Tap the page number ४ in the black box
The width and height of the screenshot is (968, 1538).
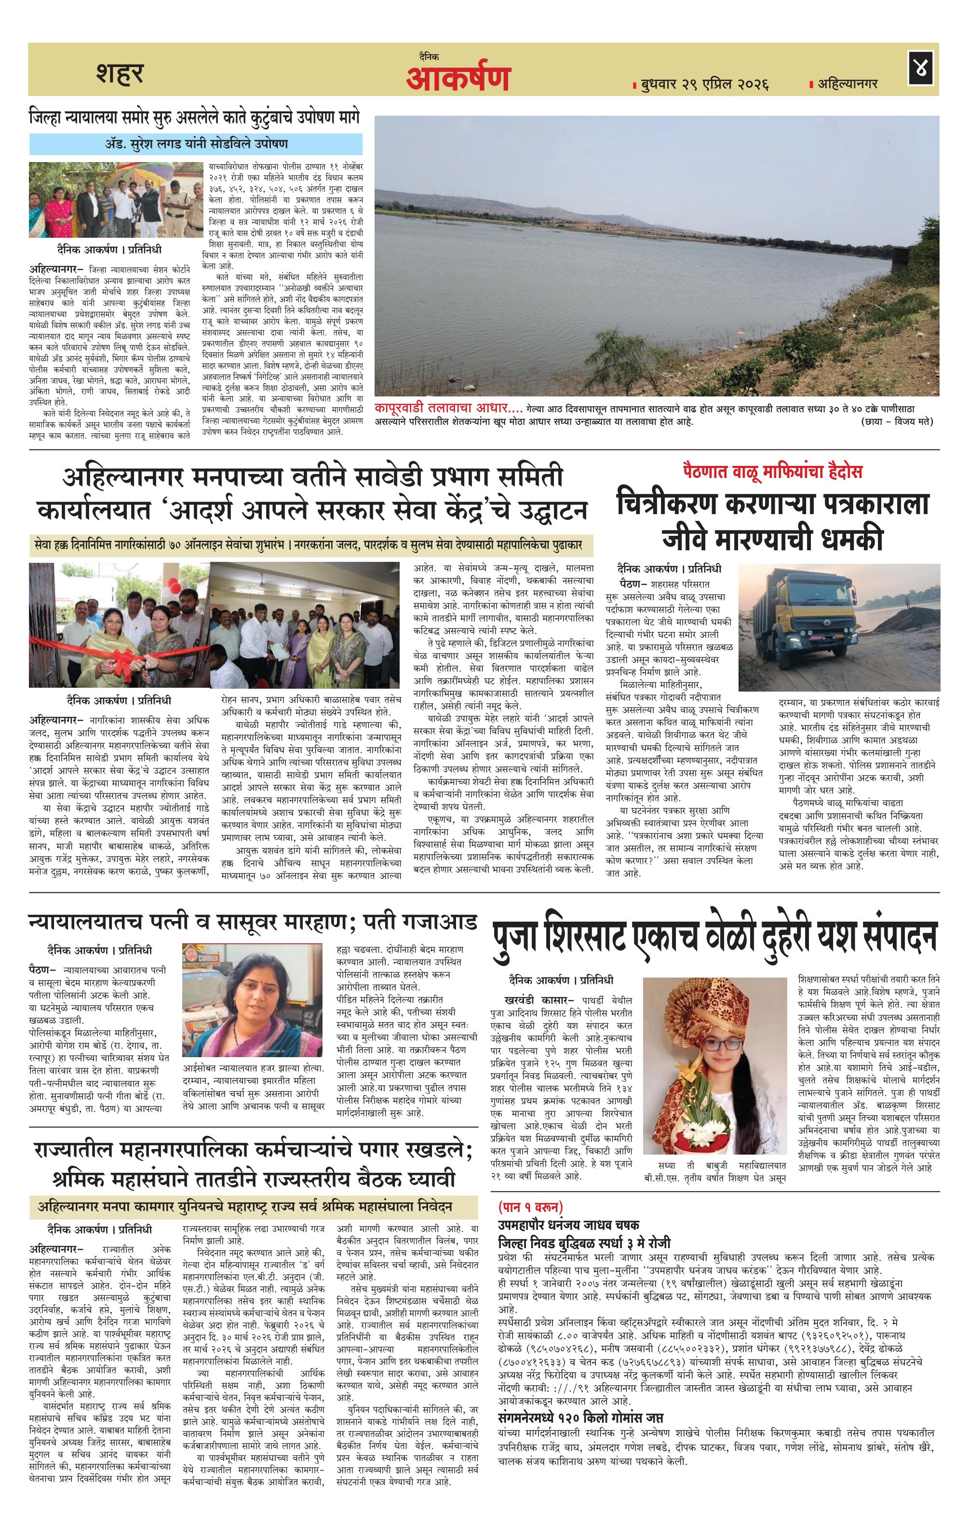coord(920,69)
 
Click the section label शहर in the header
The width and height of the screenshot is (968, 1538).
coord(120,73)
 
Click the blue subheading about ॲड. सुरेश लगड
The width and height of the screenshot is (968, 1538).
coord(196,144)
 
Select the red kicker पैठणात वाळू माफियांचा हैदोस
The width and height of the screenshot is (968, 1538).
coord(771,471)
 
